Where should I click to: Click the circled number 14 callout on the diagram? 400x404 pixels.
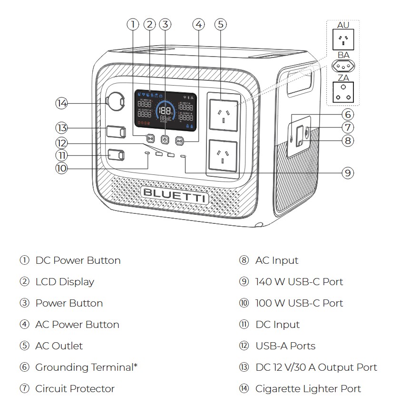click(61, 103)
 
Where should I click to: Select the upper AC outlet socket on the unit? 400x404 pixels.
click(223, 115)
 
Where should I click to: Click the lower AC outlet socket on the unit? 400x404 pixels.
click(223, 155)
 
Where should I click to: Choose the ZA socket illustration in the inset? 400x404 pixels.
click(343, 92)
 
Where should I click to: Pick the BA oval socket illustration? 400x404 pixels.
click(343, 66)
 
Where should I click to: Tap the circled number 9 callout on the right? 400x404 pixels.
click(348, 173)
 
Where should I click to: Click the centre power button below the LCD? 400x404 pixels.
click(165, 140)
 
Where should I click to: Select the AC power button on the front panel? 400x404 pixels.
click(179, 140)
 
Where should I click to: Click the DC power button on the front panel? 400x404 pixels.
click(150, 138)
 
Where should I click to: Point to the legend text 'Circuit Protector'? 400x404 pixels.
click(75, 389)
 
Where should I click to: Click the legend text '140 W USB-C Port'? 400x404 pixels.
click(299, 282)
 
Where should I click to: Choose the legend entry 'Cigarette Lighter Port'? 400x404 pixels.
click(308, 389)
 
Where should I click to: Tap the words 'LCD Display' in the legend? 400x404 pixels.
click(65, 282)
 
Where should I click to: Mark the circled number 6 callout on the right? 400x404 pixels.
click(348, 114)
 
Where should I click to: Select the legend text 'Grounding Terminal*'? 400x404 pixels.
click(86, 367)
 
